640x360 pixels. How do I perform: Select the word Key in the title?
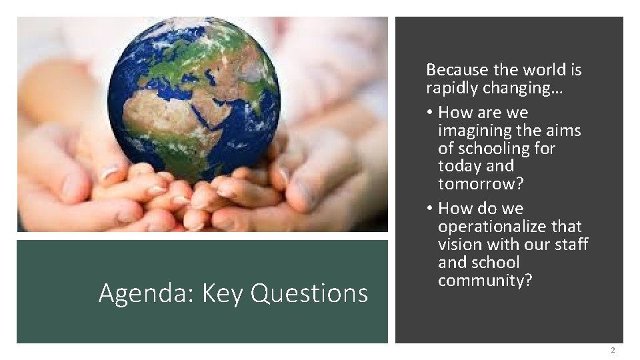click(222, 293)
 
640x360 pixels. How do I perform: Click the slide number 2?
click(612, 351)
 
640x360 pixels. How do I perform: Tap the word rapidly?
click(453, 88)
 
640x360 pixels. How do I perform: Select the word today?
click(457, 165)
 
